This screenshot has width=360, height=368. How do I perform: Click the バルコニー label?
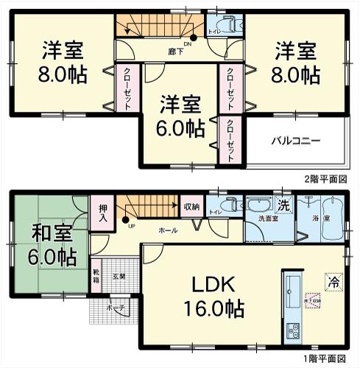point(294,138)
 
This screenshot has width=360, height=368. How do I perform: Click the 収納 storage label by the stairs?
point(192,207)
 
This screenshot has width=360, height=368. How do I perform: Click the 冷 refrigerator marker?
point(332,280)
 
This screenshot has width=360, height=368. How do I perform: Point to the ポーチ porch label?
point(115,308)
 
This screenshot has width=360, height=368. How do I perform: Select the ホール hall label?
point(167,230)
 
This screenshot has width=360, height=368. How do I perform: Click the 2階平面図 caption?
point(325,179)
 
